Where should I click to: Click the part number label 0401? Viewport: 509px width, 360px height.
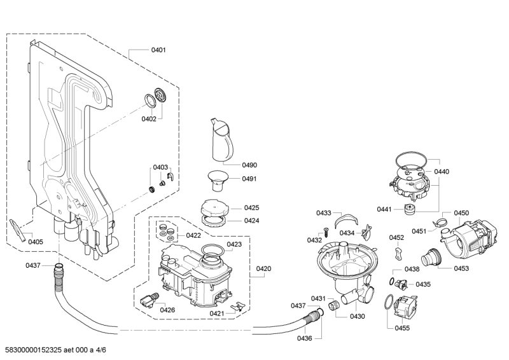click(x=158, y=50)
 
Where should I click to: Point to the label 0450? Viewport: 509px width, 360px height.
click(x=461, y=213)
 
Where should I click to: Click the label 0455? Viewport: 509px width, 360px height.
click(x=402, y=328)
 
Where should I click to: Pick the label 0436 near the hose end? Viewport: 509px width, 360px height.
click(x=304, y=338)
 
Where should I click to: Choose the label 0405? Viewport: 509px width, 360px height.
click(x=36, y=242)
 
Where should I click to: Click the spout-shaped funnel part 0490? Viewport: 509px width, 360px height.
click(x=220, y=139)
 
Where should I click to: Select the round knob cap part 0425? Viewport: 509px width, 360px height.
click(x=214, y=208)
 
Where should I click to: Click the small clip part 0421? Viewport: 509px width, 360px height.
click(x=237, y=307)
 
